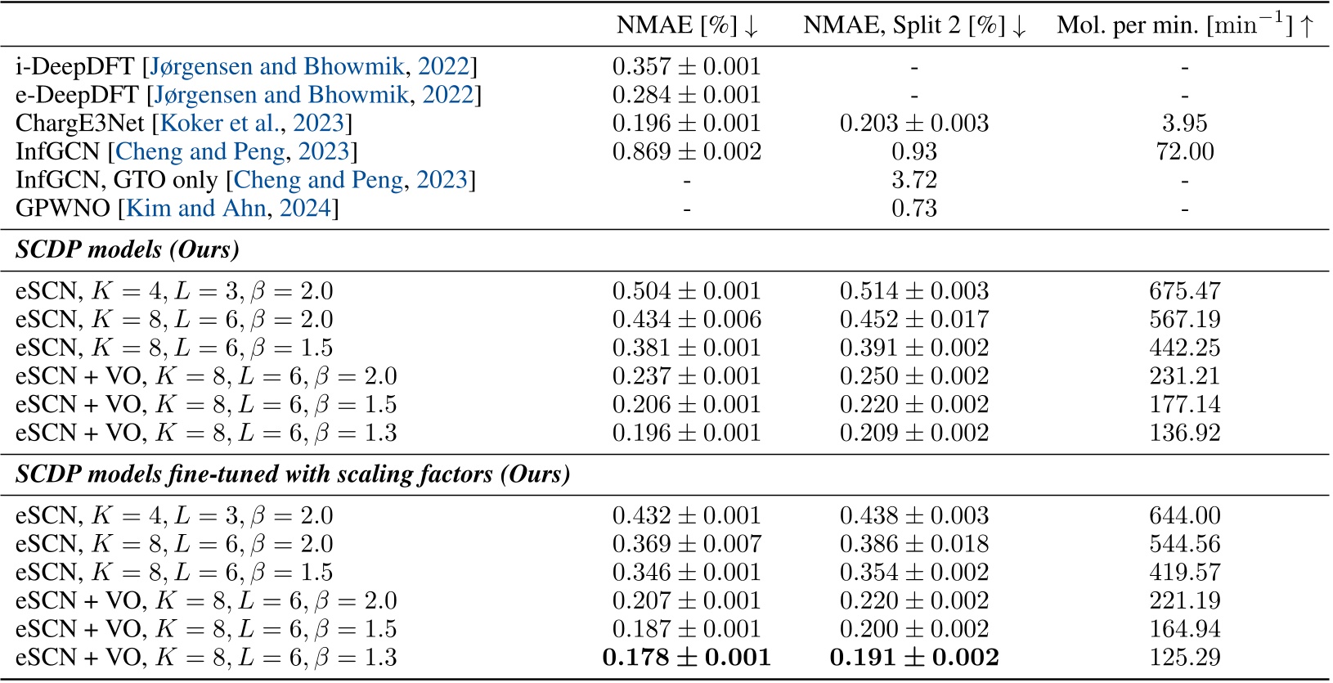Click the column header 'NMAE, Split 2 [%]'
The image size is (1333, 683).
(913, 25)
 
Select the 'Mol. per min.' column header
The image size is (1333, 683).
(1184, 25)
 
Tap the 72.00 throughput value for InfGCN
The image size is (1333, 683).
(1184, 152)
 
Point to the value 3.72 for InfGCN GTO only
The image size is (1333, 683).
(913, 180)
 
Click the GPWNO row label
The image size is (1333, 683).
(63, 209)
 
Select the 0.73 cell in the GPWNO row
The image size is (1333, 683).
(913, 209)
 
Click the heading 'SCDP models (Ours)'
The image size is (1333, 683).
(128, 249)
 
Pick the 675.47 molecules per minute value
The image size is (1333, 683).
(1184, 291)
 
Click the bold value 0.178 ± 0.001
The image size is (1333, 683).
(686, 658)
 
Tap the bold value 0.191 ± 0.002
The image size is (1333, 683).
(913, 658)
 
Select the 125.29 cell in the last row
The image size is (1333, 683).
(1184, 658)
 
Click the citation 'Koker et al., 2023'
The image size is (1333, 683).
(253, 124)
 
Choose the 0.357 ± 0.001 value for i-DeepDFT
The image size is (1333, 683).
(686, 67)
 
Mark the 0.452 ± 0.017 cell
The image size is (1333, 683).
(913, 320)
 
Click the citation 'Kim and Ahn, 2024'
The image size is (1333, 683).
(228, 209)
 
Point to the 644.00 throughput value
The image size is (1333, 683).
(1184, 516)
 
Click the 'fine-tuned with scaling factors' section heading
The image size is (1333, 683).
(293, 474)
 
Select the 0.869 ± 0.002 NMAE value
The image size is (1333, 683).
(686, 152)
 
